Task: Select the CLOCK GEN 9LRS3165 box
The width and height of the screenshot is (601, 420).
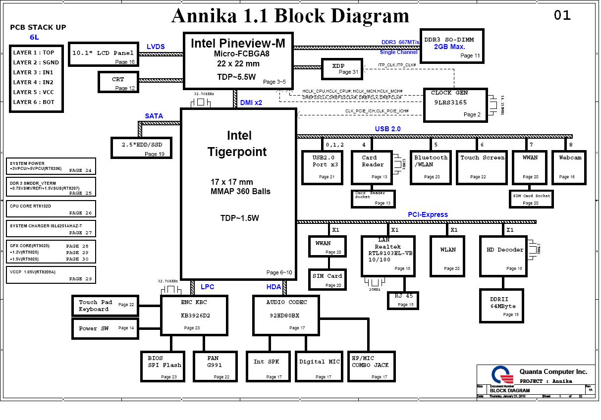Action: [x=455, y=105]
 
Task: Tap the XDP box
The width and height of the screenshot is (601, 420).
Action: [x=341, y=69]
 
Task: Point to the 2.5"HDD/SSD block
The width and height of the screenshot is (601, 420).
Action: [x=142, y=147]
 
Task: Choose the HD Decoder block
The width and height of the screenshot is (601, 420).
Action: [x=503, y=256]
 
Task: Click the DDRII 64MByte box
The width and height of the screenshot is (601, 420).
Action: [x=503, y=306]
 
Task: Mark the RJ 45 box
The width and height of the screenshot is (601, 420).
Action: [x=403, y=300]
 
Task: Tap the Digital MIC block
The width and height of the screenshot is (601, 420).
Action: [x=320, y=367]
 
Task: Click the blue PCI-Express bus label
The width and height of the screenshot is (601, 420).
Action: [x=428, y=214]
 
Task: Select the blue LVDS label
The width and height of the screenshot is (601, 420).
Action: [x=156, y=47]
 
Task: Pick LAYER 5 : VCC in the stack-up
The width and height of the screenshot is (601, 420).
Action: [x=34, y=92]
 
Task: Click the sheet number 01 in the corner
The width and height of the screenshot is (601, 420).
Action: [x=562, y=15]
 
